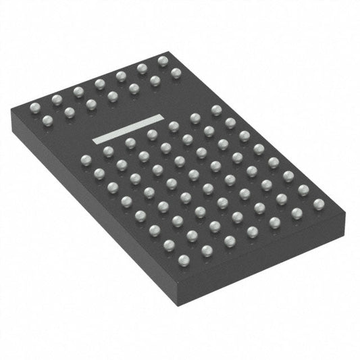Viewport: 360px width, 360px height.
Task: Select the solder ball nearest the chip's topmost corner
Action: coord(163,61)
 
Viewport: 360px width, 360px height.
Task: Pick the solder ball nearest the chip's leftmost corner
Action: coord(35,107)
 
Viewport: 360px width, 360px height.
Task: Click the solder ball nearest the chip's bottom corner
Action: coord(184,259)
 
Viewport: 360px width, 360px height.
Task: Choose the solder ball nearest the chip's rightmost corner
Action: coord(318,204)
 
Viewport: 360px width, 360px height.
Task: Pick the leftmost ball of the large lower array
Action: coord(86,160)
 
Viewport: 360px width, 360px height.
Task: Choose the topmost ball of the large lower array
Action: coord(216,109)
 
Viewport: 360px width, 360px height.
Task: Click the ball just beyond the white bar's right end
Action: coord(174,126)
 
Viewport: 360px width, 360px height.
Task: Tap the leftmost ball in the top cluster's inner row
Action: coord(48,121)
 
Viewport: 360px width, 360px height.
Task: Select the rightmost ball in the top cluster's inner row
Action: coord(176,73)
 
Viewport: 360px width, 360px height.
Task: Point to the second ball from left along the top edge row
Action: coord(57,100)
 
